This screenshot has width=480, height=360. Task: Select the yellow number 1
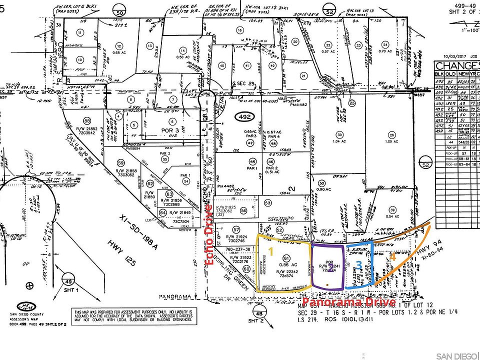point(270,251)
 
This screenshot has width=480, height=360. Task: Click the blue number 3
point(358,266)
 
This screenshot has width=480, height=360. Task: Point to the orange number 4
point(392,258)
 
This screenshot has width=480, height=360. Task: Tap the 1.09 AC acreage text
point(391,141)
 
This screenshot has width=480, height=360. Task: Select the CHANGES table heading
point(457,66)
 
